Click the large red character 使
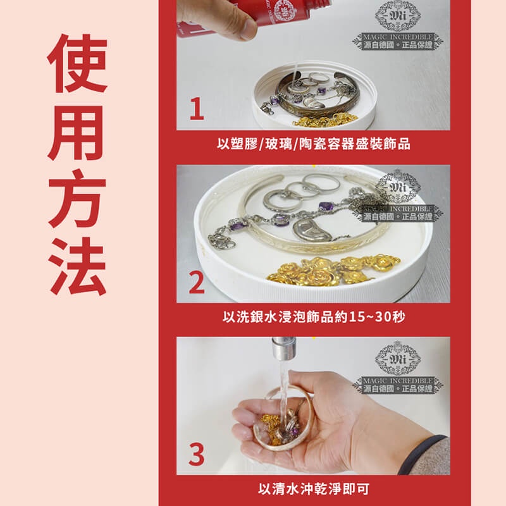(77, 63)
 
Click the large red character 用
(77, 132)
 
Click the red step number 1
(197, 109)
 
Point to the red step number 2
(196, 282)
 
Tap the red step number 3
(196, 454)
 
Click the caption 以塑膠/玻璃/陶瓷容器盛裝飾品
(313, 144)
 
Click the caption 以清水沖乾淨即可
(314, 489)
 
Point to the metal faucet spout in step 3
(283, 349)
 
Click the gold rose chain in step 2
(334, 271)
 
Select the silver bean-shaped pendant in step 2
(312, 230)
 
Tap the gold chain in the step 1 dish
(326, 120)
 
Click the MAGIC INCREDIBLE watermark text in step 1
(398, 37)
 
